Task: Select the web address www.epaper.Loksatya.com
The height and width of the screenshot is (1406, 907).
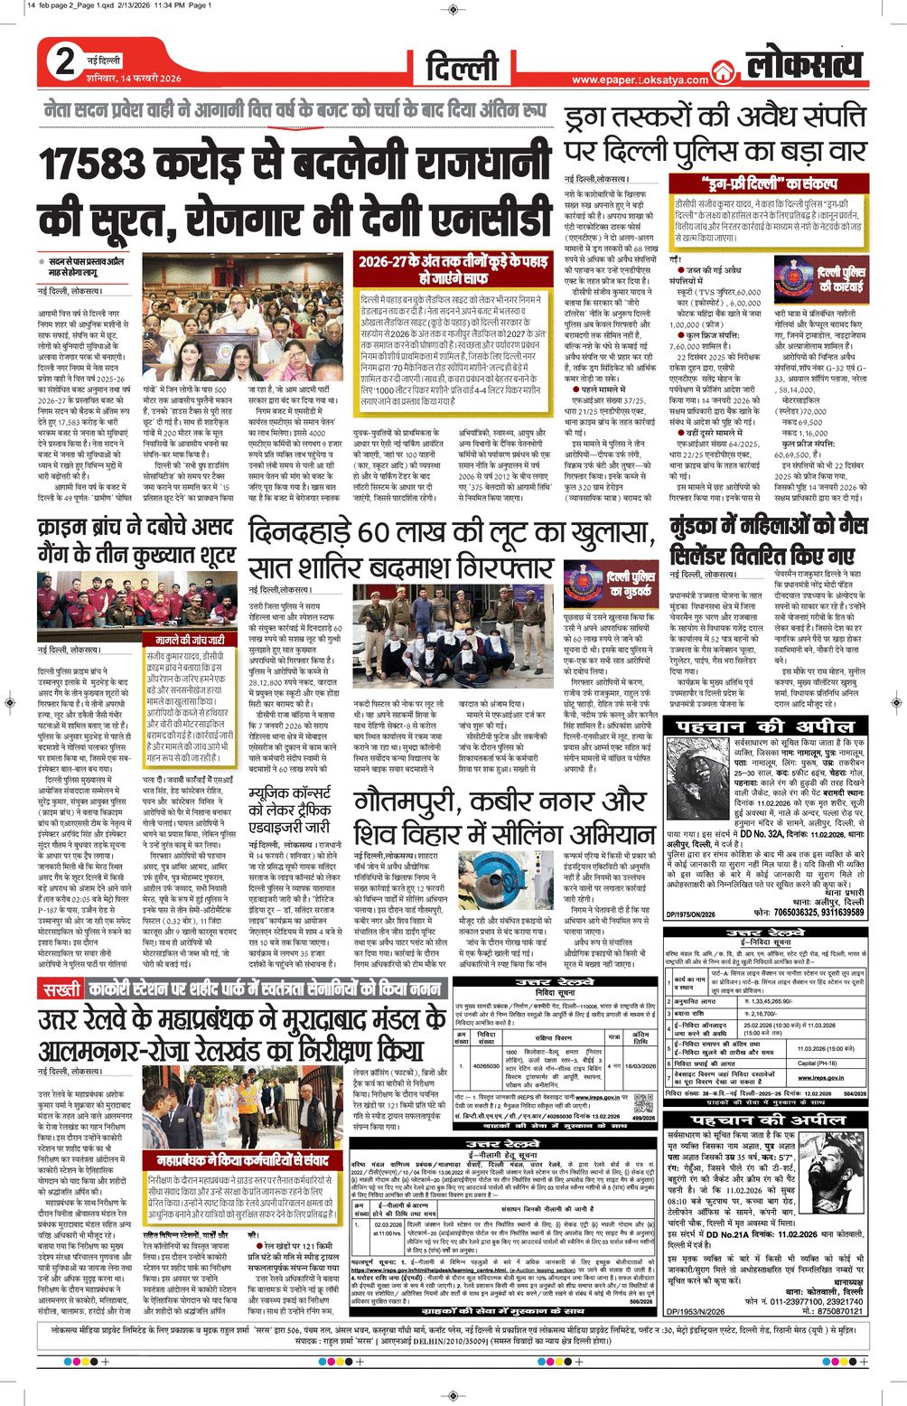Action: coord(640,80)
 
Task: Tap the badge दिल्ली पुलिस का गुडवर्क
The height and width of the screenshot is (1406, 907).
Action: coord(631,584)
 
